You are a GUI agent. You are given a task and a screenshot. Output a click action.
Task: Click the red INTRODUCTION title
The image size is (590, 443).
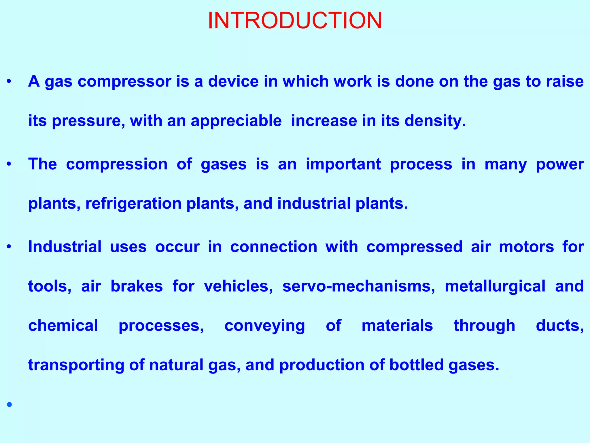pyautogui.click(x=295, y=21)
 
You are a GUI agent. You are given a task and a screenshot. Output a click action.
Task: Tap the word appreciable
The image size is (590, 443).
pyautogui.click(x=236, y=121)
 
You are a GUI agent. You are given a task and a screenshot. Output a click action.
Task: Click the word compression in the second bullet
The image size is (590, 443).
pyautogui.click(x=117, y=164)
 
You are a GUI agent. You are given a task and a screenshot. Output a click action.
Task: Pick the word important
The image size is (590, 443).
pyautogui.click(x=343, y=164)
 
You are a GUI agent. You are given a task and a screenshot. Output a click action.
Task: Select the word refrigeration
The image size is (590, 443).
pyautogui.click(x=133, y=204)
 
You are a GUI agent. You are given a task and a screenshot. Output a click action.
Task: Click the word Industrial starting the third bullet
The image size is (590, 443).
pyautogui.click(x=65, y=247)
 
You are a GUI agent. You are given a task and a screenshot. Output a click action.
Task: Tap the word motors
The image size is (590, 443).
pyautogui.click(x=526, y=247)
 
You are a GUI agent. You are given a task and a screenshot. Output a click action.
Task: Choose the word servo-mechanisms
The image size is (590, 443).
pyautogui.click(x=359, y=286)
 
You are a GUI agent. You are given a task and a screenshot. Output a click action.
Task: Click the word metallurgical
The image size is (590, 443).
pyautogui.click(x=495, y=286)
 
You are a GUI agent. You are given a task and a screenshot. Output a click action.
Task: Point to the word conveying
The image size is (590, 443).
pyautogui.click(x=264, y=326)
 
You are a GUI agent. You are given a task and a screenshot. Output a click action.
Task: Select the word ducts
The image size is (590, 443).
pyautogui.click(x=559, y=326)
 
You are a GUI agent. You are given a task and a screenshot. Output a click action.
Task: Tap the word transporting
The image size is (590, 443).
pyautogui.click(x=76, y=365)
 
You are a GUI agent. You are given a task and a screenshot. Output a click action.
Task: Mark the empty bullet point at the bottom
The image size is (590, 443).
pyautogui.click(x=10, y=405)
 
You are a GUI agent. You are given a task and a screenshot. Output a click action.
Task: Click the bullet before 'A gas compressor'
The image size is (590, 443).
pyautogui.click(x=9, y=82)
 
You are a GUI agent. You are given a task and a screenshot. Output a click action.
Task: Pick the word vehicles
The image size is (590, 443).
pyautogui.click(x=238, y=286)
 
